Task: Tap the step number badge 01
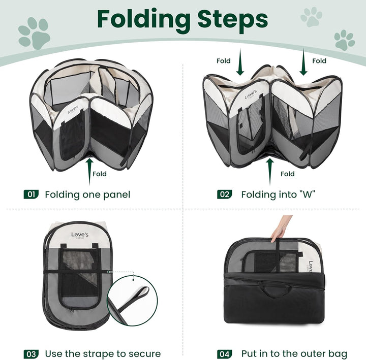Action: (32, 194)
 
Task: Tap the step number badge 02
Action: (224, 194)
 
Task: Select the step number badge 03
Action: (32, 354)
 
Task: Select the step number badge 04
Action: (224, 354)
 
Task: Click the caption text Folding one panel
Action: (87, 194)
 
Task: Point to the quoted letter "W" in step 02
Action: (307, 194)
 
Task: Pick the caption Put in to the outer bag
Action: (294, 354)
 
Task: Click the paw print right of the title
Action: (311, 16)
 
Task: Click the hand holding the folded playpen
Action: (282, 228)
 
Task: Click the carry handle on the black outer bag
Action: (275, 292)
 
